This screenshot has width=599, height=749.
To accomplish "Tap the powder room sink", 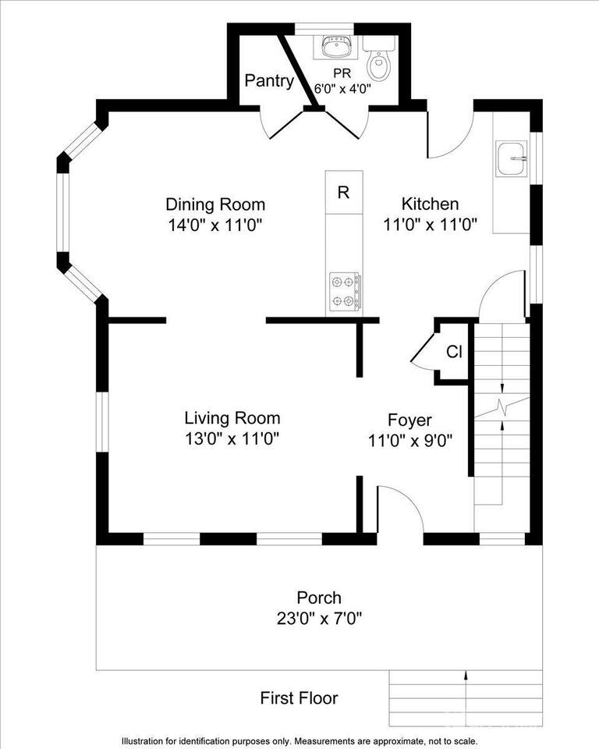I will pyautogui.click(x=338, y=48).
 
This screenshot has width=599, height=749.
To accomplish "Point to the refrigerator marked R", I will pyautogui.click(x=343, y=193).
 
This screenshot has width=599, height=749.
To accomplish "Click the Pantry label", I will pyautogui.click(x=269, y=81).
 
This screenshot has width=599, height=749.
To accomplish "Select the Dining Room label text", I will pyautogui.click(x=215, y=204).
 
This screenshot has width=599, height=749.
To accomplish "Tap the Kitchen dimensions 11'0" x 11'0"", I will pyautogui.click(x=430, y=225).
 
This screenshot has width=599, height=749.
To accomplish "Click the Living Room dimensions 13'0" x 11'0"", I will pyautogui.click(x=232, y=438).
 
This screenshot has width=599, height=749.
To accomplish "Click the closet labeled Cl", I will pyautogui.click(x=454, y=352).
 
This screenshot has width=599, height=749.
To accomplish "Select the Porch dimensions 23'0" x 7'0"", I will pyautogui.click(x=319, y=619).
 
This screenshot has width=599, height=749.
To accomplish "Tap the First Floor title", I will pyautogui.click(x=299, y=698).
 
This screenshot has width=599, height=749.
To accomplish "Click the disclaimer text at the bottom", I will pyautogui.click(x=299, y=740).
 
